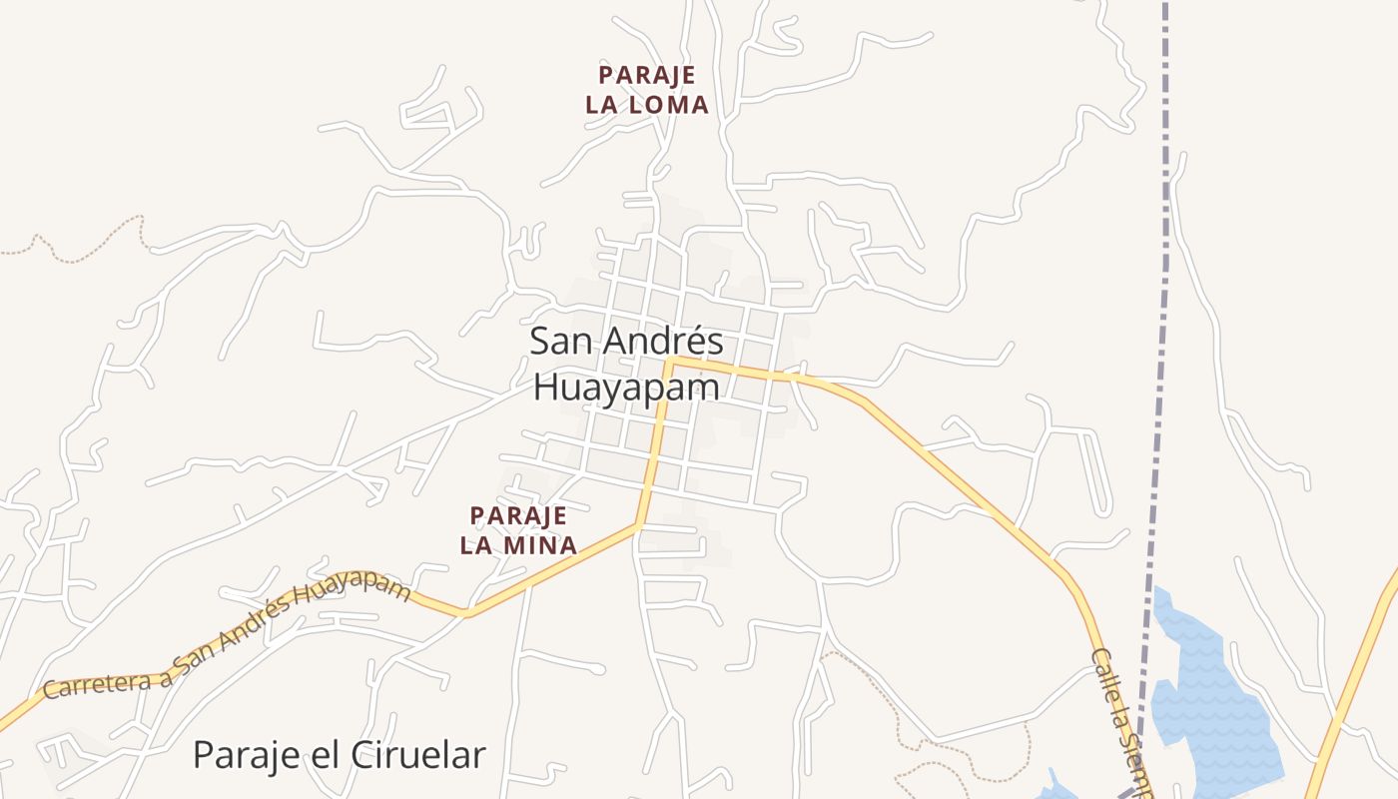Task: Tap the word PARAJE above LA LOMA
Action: point(647,75)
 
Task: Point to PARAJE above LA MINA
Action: point(518,515)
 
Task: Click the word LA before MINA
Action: point(475,545)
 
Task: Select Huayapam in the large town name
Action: point(626,387)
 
